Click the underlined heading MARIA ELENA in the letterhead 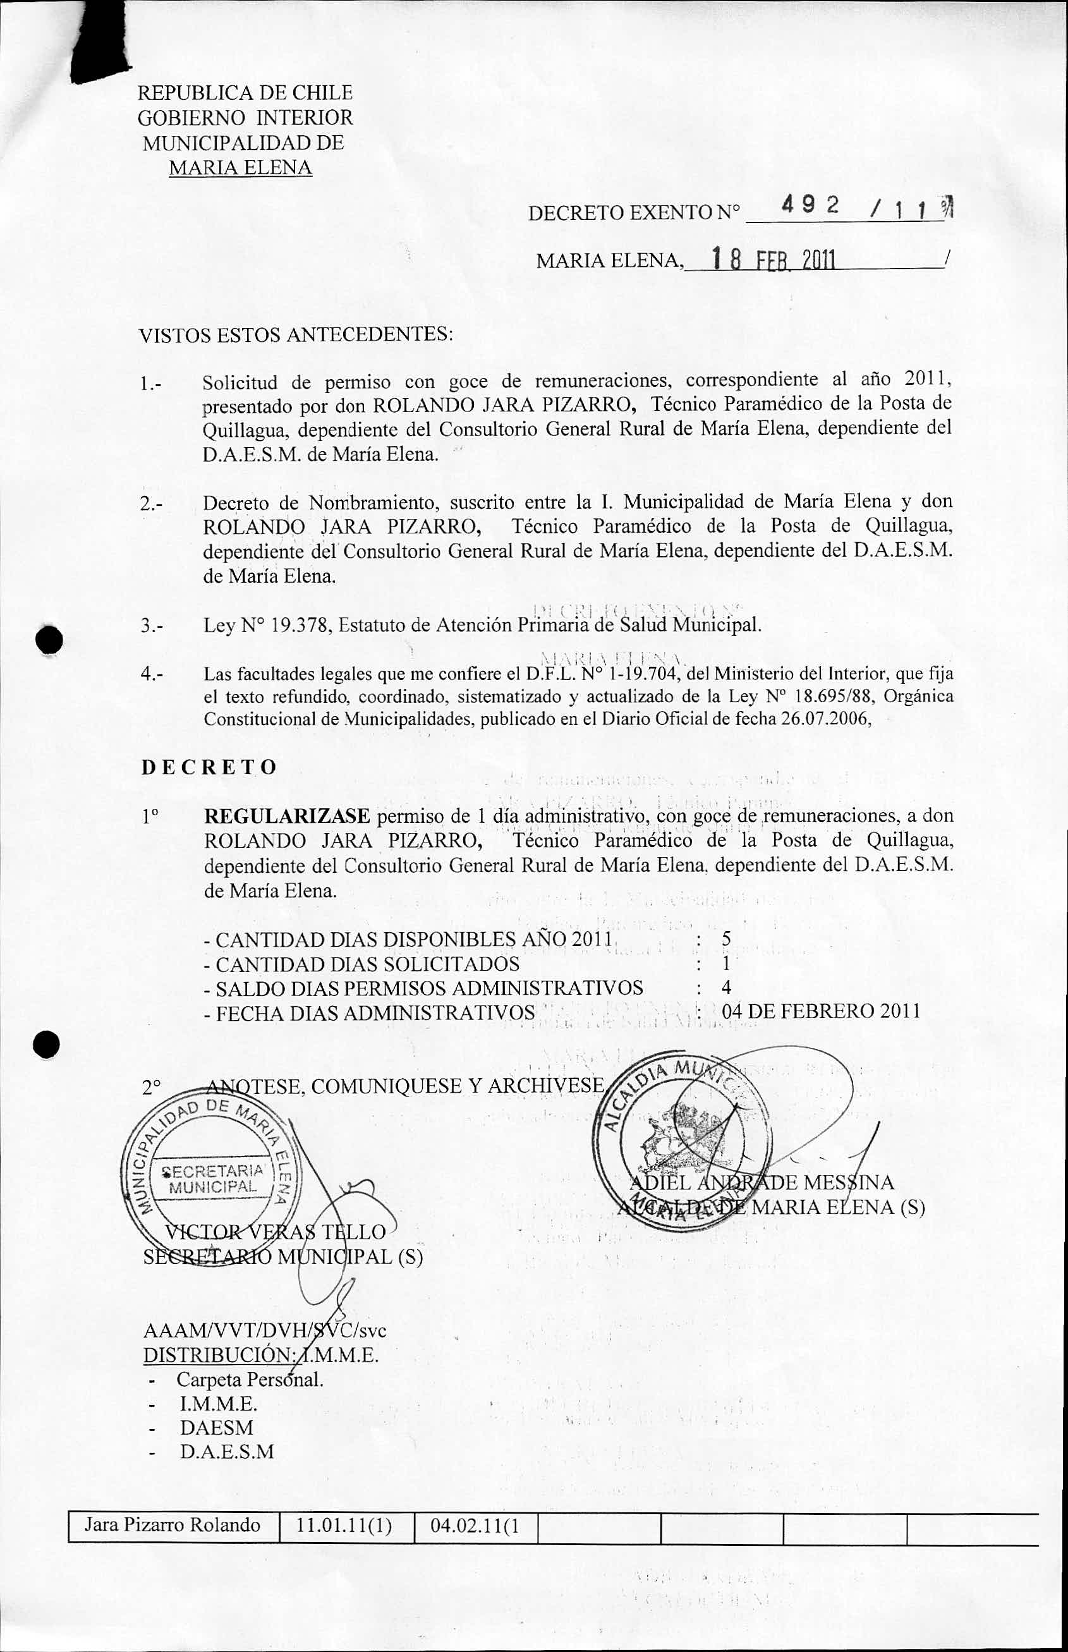coord(240,168)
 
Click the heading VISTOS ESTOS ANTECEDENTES coord(295,336)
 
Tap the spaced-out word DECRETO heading coord(209,767)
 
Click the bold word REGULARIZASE coord(287,816)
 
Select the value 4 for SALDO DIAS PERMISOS coord(726,987)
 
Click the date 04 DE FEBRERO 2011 coord(820,1011)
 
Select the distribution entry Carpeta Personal coord(250,1379)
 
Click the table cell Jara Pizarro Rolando coord(172,1545)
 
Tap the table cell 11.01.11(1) coord(344,1545)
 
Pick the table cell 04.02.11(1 coord(475,1545)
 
